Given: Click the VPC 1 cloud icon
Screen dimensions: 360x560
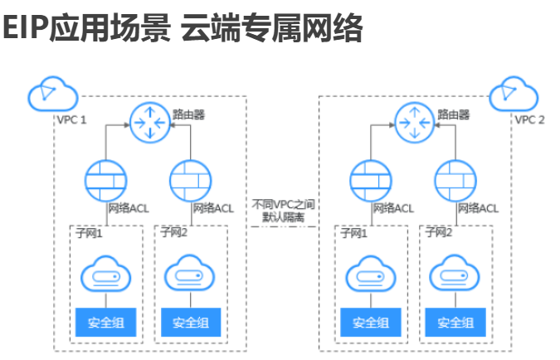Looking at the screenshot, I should [46, 95].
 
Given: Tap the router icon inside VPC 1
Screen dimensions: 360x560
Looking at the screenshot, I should [149, 123].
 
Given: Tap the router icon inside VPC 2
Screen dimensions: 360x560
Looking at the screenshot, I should [414, 123].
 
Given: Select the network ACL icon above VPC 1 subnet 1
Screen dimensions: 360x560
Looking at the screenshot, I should [105, 178].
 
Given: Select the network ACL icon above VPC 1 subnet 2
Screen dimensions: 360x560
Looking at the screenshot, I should [191, 178].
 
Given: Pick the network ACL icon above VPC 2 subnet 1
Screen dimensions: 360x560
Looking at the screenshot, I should [371, 178].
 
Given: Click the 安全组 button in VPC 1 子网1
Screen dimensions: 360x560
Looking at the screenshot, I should [105, 322].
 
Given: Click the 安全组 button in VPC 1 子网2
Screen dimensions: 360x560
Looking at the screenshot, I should [191, 322].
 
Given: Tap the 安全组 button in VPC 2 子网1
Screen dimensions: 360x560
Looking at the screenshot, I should [371, 322].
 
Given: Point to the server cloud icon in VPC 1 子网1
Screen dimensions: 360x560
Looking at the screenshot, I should [105, 274].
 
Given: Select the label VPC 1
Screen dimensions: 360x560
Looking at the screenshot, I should [71, 119].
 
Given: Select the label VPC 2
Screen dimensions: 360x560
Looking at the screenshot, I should [530, 119].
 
